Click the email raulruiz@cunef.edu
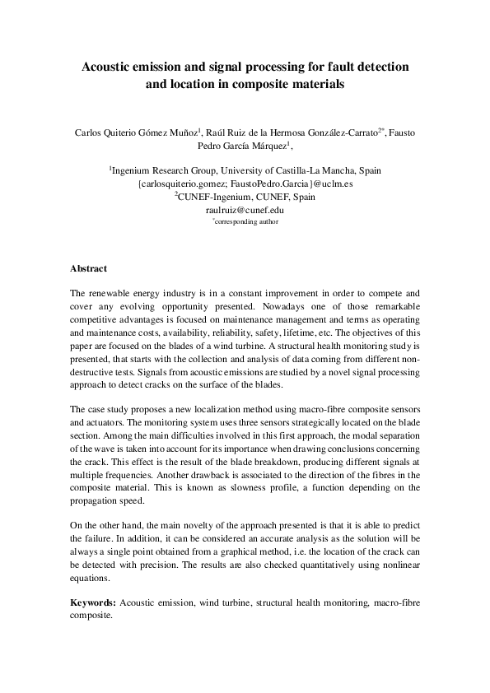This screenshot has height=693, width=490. pyautogui.click(x=245, y=210)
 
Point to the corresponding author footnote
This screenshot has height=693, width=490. pyautogui.click(x=245, y=221)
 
